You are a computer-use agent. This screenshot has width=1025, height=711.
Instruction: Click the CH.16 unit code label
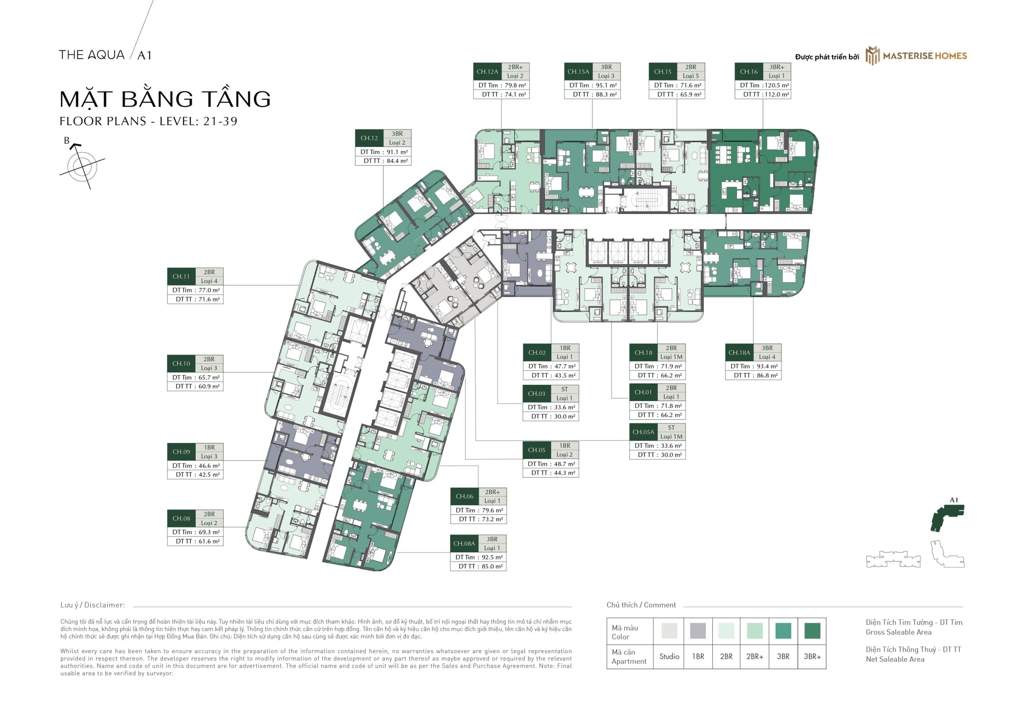click(x=748, y=72)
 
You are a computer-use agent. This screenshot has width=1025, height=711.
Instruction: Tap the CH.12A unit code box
click(x=487, y=72)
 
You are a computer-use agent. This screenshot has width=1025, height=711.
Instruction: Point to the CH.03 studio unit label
click(x=537, y=394)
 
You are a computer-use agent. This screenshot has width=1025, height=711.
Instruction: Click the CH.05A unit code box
click(x=643, y=432)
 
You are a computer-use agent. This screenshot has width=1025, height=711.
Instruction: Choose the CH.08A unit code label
click(x=464, y=544)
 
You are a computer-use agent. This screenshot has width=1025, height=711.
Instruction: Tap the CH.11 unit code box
click(x=181, y=277)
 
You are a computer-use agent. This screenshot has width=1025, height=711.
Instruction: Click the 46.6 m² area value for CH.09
click(x=209, y=466)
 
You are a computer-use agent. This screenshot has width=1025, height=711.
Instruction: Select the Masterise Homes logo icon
click(x=872, y=56)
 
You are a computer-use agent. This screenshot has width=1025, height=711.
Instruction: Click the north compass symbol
click(x=82, y=166)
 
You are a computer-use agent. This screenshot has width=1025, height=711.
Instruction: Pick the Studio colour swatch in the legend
click(x=669, y=631)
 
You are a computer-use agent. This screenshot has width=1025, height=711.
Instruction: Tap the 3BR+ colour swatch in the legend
click(x=812, y=631)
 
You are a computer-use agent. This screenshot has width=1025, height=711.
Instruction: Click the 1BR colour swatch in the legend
click(x=697, y=631)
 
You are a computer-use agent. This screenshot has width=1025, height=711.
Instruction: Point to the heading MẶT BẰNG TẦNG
click(x=165, y=99)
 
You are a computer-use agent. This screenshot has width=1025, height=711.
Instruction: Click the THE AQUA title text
click(x=92, y=55)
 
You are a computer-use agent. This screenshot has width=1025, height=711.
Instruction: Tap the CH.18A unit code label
click(x=739, y=352)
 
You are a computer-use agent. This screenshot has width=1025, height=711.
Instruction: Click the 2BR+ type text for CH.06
click(x=492, y=492)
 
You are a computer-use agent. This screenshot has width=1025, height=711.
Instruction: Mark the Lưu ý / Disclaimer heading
click(x=92, y=605)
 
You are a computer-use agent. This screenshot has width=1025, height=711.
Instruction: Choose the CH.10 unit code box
click(x=181, y=364)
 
